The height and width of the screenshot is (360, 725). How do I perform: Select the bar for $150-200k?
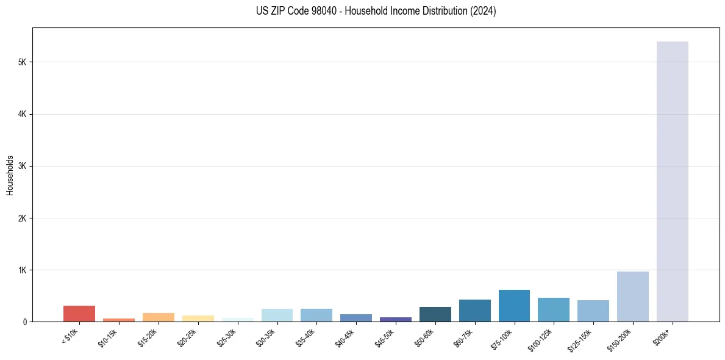tap(632, 297)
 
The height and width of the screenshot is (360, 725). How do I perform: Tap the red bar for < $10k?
tap(79, 314)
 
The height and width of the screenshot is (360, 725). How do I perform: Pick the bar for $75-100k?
tap(514, 306)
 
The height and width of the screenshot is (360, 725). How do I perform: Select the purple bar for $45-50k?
tap(395, 319)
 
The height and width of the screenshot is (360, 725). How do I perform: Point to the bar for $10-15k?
tap(119, 320)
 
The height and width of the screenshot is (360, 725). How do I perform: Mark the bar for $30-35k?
tap(277, 315)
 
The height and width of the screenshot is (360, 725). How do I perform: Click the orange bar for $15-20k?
tap(158, 317)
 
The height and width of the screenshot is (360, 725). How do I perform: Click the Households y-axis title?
tap(10, 175)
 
